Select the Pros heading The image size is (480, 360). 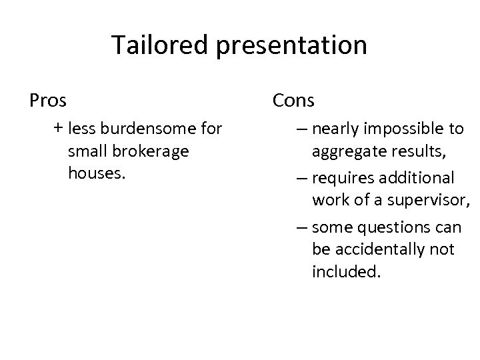[x=48, y=101]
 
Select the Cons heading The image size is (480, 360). [x=293, y=101]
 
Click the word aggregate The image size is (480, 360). [x=347, y=152]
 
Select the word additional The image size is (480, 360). [x=415, y=178]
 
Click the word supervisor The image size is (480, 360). [x=431, y=201]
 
